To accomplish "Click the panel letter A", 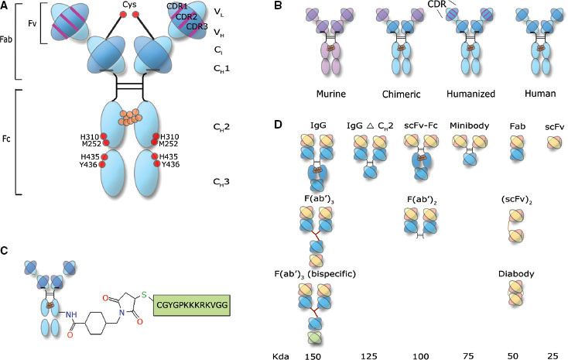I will click(6, 7).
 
